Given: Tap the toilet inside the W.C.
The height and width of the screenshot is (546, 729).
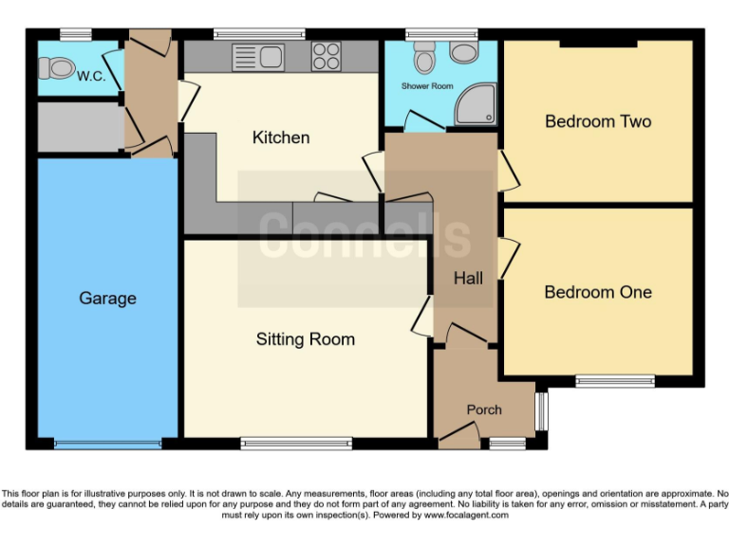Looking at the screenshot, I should coord(58,67).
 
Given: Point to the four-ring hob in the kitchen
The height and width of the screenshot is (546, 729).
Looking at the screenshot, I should coord(327,56).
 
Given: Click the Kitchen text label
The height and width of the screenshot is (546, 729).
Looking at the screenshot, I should coord(281,137).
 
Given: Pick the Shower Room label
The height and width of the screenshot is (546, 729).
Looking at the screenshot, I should coord(427,86).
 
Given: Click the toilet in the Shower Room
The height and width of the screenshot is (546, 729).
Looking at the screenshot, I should coord(423,59).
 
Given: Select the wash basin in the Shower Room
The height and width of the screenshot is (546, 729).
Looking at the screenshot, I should coord(464,53).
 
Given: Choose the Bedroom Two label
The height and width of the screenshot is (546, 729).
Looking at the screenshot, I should coord(598,121).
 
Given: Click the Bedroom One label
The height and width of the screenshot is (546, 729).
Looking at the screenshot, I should coord(598,292).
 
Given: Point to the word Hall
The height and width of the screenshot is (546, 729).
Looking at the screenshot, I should coord(468,278).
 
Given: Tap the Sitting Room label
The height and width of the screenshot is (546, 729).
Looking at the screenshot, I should coord(306,339).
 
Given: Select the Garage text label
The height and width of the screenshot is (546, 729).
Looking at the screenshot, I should coord(107,299).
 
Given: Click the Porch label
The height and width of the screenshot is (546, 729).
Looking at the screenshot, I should coord(484,409).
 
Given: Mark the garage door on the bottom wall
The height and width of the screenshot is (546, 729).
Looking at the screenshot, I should coord(107,444).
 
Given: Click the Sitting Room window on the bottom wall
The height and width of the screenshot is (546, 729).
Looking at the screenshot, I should coord(296,443).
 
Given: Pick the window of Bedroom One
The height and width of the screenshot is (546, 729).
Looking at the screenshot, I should coord(614,382).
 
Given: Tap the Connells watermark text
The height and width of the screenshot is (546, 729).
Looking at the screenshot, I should coord(365,233).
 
